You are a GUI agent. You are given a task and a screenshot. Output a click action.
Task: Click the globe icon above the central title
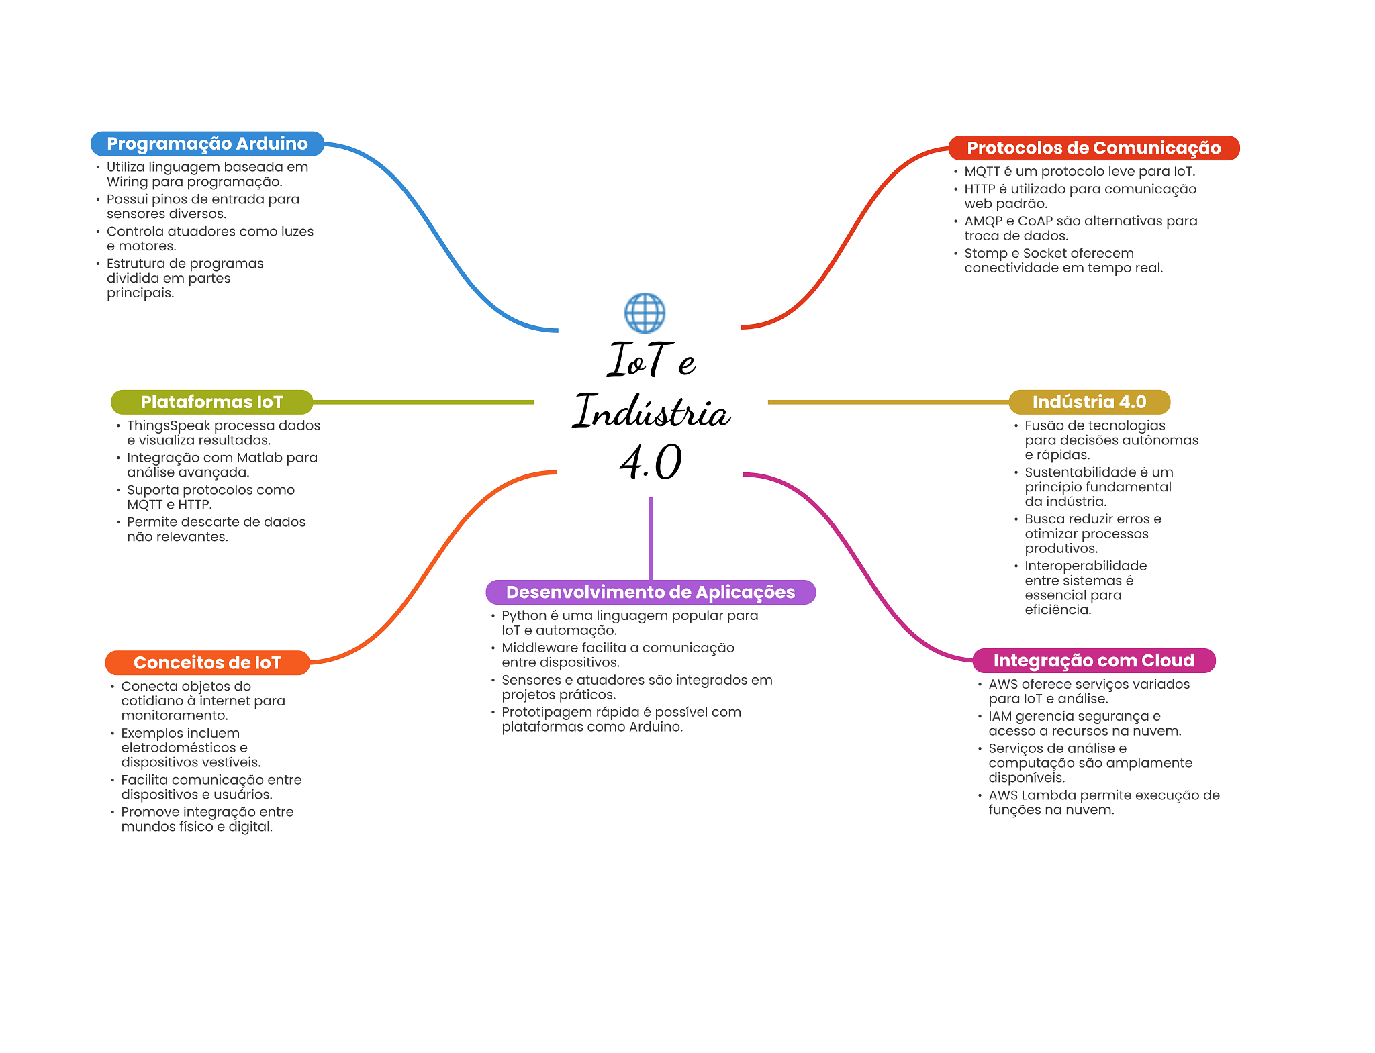(x=645, y=313)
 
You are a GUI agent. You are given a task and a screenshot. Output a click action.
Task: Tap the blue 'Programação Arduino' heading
(x=207, y=144)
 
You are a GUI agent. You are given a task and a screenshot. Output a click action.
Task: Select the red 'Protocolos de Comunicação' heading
(x=1094, y=148)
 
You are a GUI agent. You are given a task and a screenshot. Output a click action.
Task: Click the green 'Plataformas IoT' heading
(x=211, y=402)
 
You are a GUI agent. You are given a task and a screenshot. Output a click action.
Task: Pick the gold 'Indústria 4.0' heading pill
(x=1089, y=402)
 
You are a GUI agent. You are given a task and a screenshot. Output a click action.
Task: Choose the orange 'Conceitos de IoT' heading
(x=207, y=662)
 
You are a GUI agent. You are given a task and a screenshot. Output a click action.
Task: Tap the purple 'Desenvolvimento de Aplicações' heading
(x=651, y=592)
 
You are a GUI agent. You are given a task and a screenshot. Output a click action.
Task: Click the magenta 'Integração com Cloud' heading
(x=1094, y=660)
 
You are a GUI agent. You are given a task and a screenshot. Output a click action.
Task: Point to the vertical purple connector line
(x=651, y=537)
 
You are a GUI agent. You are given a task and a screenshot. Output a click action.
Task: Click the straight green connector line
(x=423, y=402)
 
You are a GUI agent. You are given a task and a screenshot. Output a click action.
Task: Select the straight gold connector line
(x=886, y=402)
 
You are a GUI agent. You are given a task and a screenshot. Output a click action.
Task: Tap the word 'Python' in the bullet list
(x=524, y=615)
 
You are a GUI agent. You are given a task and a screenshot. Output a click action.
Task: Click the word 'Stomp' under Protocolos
(x=985, y=253)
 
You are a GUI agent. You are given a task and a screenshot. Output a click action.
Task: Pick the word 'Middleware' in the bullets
(x=538, y=648)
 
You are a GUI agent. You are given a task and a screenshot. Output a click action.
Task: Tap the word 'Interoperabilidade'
(x=1086, y=566)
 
